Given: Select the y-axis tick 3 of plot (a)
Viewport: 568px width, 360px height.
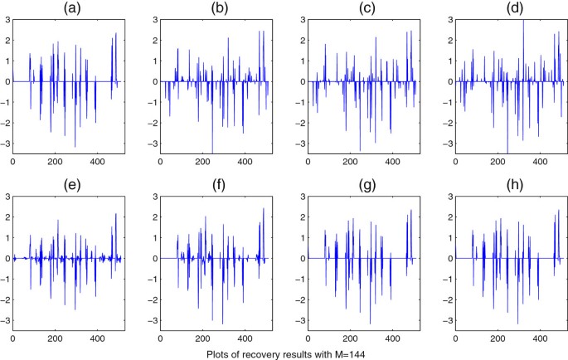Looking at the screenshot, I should pyautogui.click(x=7, y=18).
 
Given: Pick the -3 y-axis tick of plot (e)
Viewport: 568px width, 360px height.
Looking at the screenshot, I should pyautogui.click(x=6, y=320).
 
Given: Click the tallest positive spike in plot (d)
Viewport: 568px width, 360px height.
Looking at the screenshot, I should pyautogui.click(x=523, y=20).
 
